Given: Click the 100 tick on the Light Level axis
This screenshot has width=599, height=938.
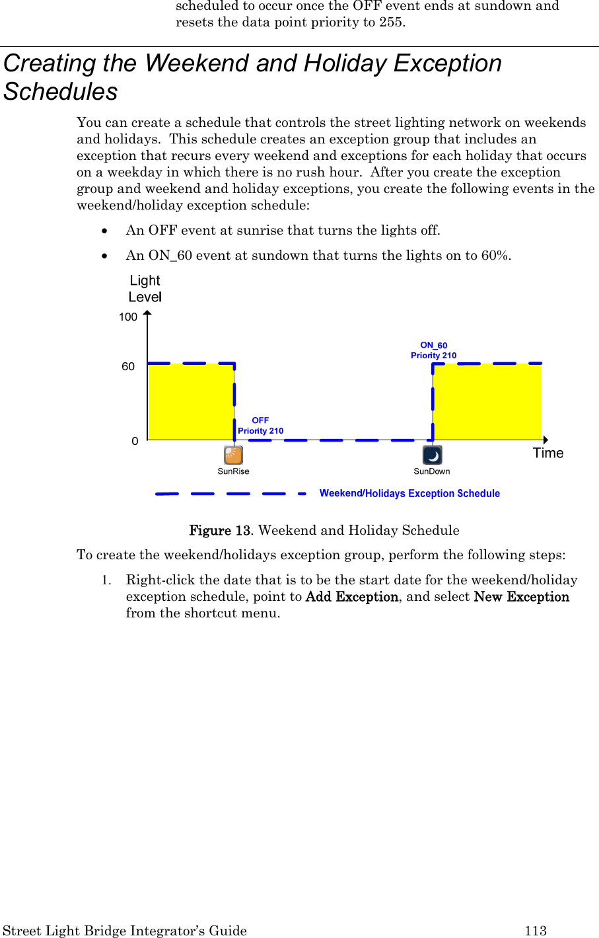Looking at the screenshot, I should point(128,317).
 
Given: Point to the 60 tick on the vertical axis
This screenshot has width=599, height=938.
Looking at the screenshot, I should point(128,367).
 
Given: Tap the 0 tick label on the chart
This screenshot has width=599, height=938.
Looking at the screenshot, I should point(135,441).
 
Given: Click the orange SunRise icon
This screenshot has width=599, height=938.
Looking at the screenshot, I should point(233,455).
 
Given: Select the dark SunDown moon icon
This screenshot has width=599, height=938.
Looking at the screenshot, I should point(432,455).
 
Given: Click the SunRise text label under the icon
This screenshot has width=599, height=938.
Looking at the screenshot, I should point(233,471).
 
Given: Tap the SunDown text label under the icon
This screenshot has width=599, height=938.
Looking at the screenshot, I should point(432,471).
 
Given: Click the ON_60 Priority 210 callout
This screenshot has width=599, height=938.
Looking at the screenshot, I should point(433,350).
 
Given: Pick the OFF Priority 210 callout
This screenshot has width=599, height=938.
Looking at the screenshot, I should point(260,426).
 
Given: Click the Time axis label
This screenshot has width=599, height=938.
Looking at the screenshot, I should point(548,453).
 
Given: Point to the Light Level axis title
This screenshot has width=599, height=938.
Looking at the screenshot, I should point(145,289).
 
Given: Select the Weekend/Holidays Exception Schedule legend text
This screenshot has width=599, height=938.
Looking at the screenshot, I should point(409,494).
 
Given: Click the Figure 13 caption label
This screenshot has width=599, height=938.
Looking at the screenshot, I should point(220,531).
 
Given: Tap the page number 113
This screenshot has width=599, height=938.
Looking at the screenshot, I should point(536,931).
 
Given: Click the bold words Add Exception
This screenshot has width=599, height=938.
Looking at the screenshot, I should point(352,597).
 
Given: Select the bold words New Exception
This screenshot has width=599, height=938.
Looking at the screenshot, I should point(521,597).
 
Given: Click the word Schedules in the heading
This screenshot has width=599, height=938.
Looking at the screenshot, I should point(61,92).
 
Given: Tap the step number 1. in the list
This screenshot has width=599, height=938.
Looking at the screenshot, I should point(106,580).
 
